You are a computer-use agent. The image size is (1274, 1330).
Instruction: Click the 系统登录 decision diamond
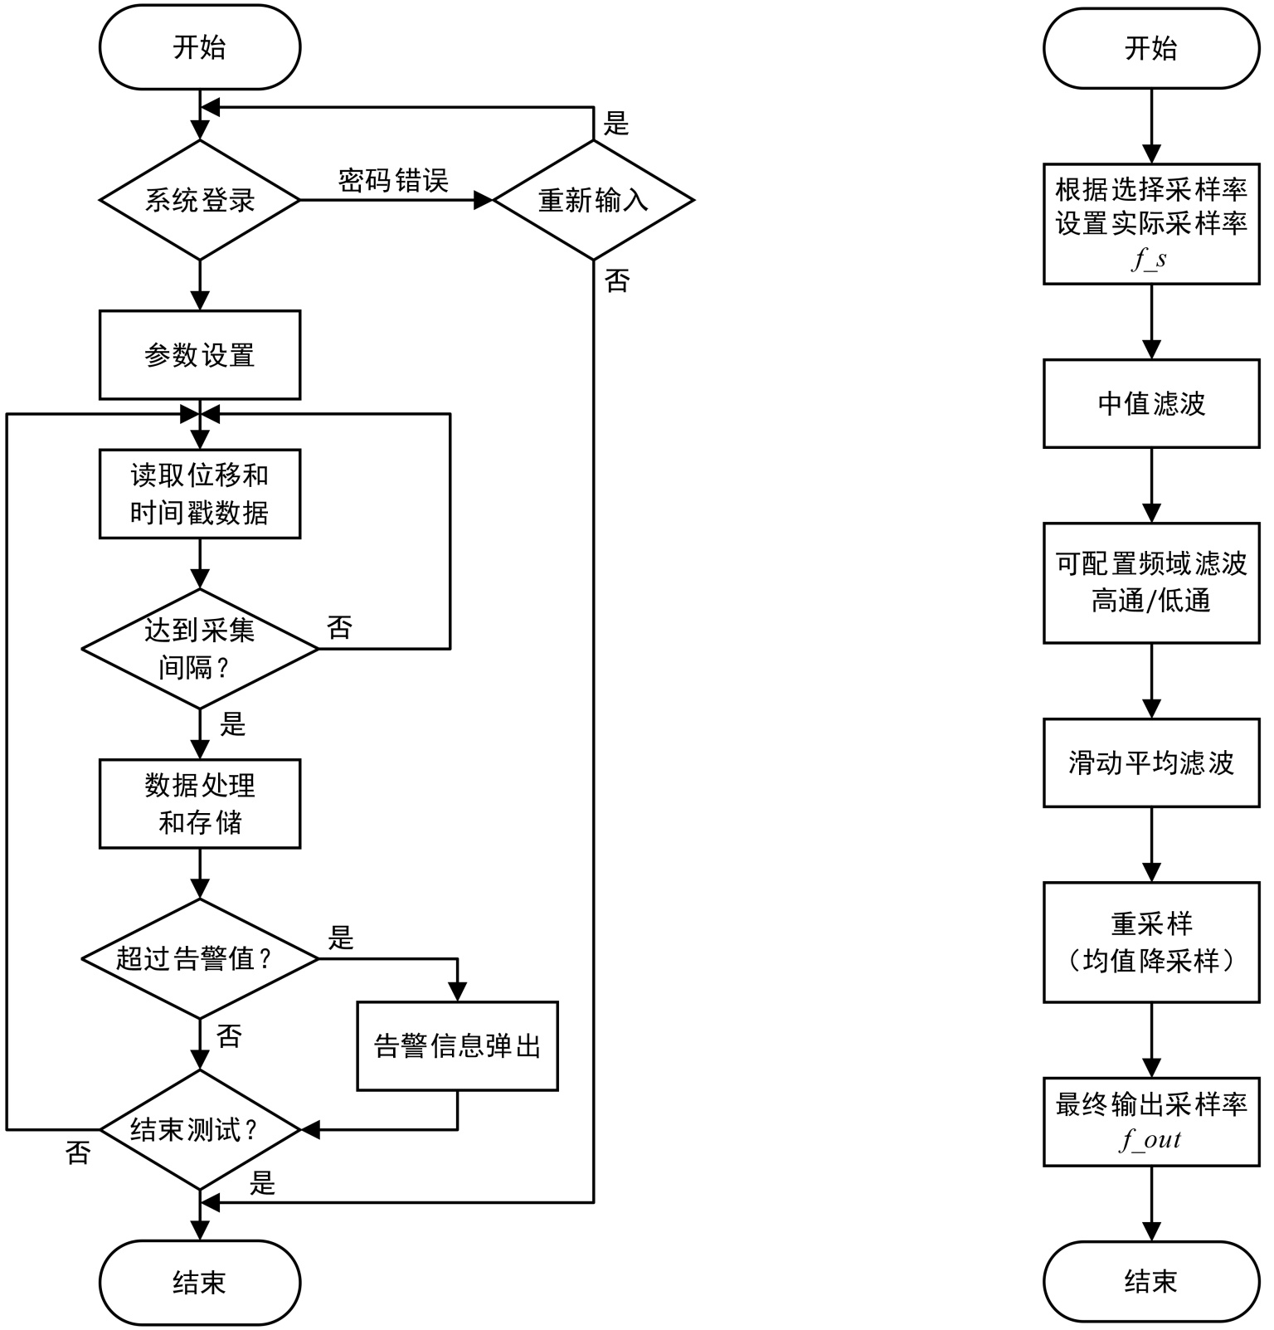tap(200, 200)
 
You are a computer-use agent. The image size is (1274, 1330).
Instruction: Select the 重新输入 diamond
tap(593, 200)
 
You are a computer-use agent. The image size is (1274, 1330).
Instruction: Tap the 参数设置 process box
tap(200, 355)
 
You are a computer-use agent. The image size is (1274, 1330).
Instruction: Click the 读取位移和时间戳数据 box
tap(200, 494)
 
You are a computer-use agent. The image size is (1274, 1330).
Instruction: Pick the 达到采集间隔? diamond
tap(200, 649)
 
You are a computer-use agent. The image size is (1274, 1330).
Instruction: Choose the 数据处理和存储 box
tap(200, 803)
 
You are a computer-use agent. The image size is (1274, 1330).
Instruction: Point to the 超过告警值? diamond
tap(200, 959)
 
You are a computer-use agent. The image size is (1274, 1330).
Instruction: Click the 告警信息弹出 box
tap(457, 1045)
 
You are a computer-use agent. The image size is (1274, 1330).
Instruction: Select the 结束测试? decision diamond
tap(200, 1130)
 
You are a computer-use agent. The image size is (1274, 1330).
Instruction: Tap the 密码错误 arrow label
tap(393, 180)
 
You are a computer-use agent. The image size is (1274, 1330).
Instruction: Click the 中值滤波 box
tap(1151, 403)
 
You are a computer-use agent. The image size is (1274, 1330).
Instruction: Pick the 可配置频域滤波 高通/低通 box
tap(1151, 582)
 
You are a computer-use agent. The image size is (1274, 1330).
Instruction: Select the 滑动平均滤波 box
tap(1151, 762)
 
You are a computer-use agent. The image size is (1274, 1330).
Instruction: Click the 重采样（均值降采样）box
tap(1151, 943)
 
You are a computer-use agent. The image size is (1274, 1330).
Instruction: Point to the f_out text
tap(1151, 1140)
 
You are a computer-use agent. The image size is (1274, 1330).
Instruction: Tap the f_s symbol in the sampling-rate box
tap(1150, 260)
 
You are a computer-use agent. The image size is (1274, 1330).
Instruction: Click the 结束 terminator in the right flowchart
tap(1151, 1282)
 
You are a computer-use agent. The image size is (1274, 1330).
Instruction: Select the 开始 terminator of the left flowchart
tap(200, 47)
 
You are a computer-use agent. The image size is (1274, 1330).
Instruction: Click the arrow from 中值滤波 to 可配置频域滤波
tap(1151, 485)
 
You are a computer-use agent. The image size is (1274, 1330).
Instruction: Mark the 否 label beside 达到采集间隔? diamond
tap(340, 628)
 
